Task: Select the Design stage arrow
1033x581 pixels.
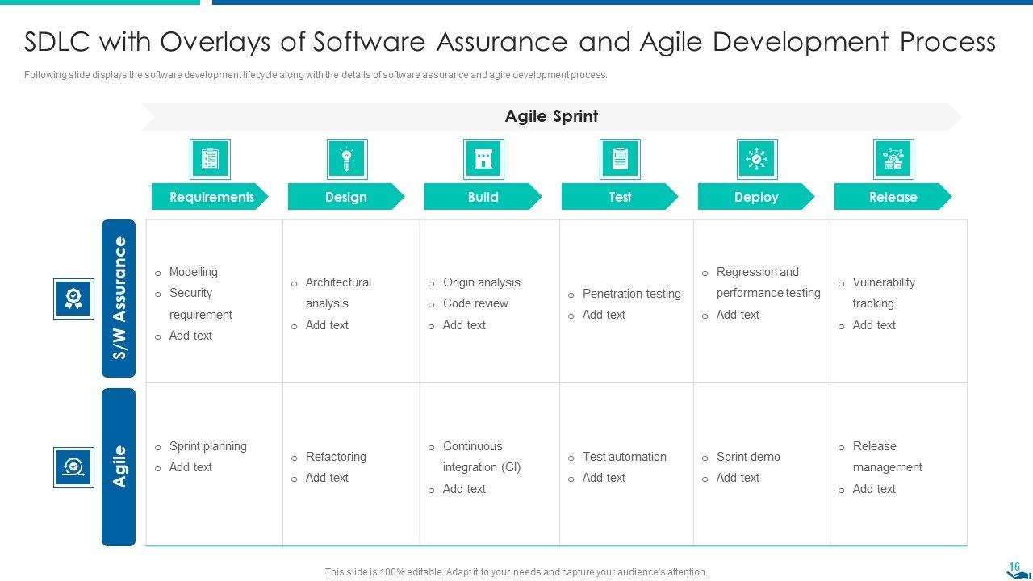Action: (346, 197)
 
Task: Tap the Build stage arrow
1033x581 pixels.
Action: (483, 197)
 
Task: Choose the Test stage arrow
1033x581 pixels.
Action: (620, 197)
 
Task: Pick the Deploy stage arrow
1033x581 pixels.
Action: (756, 197)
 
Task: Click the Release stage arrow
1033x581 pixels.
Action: (893, 197)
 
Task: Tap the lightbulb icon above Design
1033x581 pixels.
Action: (347, 159)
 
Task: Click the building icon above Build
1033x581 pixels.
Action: (483, 159)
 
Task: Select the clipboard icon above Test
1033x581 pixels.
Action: (620, 159)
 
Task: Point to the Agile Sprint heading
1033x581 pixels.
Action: (551, 116)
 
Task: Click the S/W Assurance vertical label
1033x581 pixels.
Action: (119, 299)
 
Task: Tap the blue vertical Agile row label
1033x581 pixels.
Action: (119, 467)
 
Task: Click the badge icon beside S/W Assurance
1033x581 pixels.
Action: (73, 299)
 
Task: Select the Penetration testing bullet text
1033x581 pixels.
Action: (631, 294)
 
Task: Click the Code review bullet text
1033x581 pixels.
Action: (475, 303)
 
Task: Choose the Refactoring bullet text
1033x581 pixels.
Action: (336, 457)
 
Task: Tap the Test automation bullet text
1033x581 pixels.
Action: (625, 457)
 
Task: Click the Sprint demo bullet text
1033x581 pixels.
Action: (748, 457)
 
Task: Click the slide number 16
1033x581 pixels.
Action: (1014, 566)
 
